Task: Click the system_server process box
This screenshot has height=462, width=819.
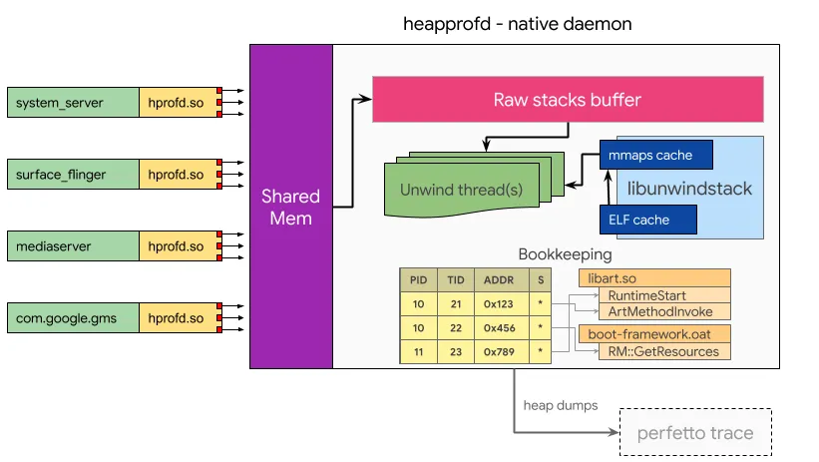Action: (x=73, y=103)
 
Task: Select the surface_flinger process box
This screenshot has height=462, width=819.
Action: (x=73, y=174)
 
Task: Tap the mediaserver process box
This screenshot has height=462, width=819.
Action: (x=73, y=246)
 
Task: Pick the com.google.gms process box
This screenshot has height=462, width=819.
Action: (x=73, y=317)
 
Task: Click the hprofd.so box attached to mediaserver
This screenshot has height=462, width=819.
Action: (x=179, y=246)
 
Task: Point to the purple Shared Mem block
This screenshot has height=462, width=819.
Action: (x=291, y=207)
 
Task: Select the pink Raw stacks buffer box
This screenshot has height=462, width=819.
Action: (x=568, y=100)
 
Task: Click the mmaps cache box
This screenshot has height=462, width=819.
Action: (x=656, y=155)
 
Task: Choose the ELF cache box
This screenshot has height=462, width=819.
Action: (x=648, y=220)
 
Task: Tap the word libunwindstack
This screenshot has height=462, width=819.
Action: (x=689, y=189)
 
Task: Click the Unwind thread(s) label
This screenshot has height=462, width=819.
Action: (x=461, y=190)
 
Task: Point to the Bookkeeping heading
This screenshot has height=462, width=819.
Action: (x=566, y=254)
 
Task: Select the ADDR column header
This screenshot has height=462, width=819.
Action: (x=499, y=280)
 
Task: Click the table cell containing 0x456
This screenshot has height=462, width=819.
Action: (x=499, y=328)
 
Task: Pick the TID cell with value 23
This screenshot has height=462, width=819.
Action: (x=456, y=352)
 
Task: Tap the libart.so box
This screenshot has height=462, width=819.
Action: (x=654, y=278)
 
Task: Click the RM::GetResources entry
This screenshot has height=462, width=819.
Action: (x=663, y=351)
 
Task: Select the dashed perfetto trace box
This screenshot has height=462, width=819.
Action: (x=695, y=432)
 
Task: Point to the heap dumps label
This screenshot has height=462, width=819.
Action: (x=561, y=405)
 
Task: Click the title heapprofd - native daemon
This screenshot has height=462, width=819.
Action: (x=517, y=24)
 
